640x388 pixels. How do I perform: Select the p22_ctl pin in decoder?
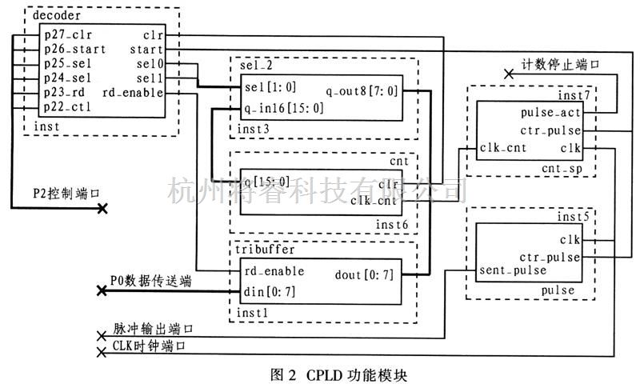click(x=67, y=107)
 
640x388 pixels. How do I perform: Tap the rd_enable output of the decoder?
click(x=141, y=93)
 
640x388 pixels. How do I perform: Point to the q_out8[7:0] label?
click(x=362, y=91)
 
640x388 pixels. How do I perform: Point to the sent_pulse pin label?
click(x=512, y=270)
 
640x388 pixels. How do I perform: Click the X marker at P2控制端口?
click(x=102, y=209)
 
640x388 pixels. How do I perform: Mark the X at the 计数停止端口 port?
click(x=508, y=74)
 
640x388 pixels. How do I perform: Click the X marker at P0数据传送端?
click(x=102, y=291)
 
